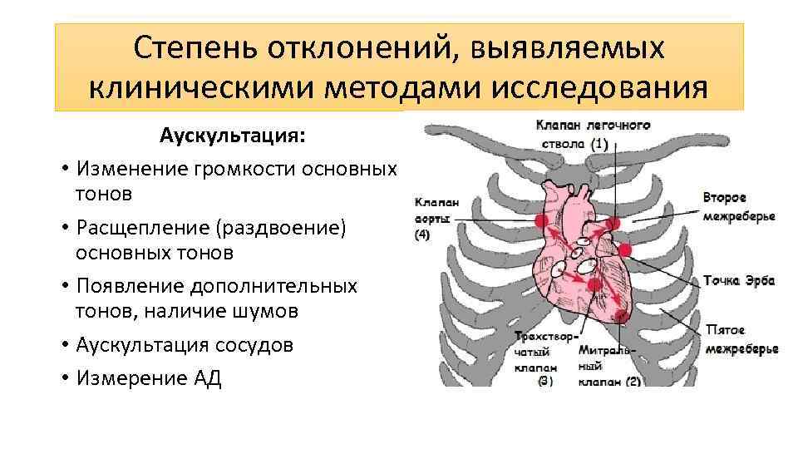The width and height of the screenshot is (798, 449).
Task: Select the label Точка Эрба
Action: [738, 280]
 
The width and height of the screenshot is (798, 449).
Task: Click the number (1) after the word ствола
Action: [599, 143]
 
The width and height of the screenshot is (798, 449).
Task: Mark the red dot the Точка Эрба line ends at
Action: [625, 250]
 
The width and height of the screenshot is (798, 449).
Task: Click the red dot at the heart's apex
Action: [621, 313]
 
